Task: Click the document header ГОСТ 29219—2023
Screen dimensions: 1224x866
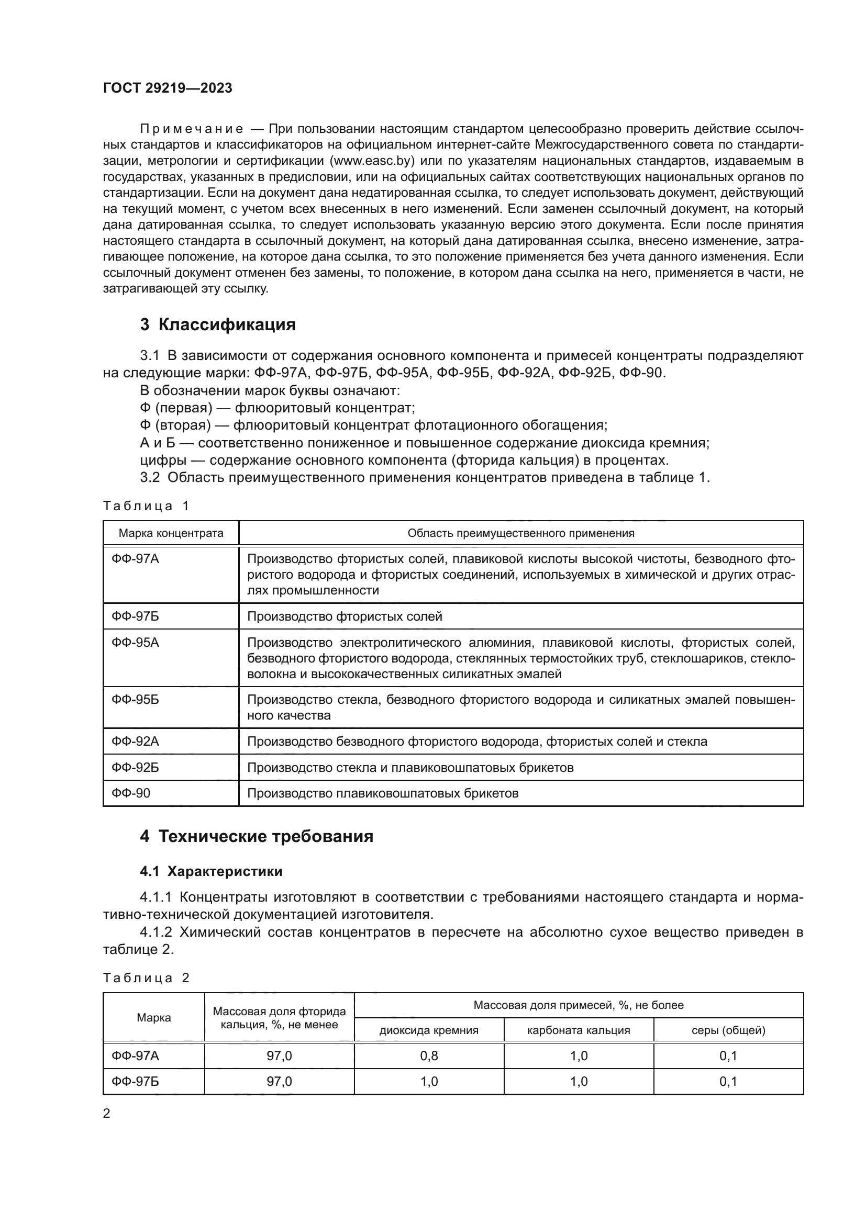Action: (168, 88)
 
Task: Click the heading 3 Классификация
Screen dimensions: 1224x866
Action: (218, 324)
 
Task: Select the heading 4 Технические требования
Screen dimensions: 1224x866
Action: (257, 836)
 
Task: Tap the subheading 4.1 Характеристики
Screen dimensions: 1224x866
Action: (211, 871)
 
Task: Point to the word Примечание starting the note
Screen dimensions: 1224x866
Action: (192, 129)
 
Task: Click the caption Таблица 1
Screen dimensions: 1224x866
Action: (146, 506)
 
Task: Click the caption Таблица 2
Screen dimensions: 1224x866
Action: (146, 978)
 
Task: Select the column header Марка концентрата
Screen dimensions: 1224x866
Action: (171, 533)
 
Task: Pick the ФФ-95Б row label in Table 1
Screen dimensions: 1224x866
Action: (136, 700)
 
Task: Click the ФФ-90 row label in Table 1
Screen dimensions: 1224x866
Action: (131, 793)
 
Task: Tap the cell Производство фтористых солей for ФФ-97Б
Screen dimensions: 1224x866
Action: (345, 616)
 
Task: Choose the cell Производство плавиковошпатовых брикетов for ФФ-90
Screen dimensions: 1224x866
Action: (382, 793)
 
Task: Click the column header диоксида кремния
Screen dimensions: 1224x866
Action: (429, 1030)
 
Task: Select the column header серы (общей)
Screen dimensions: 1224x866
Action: (728, 1030)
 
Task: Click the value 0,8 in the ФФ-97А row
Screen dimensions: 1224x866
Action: (429, 1055)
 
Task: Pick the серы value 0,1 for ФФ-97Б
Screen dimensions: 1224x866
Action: (728, 1081)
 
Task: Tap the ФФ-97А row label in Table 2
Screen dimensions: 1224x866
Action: (136, 1055)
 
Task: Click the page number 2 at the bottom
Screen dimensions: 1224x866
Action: (107, 1113)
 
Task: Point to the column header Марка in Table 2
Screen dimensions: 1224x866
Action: (153, 1017)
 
